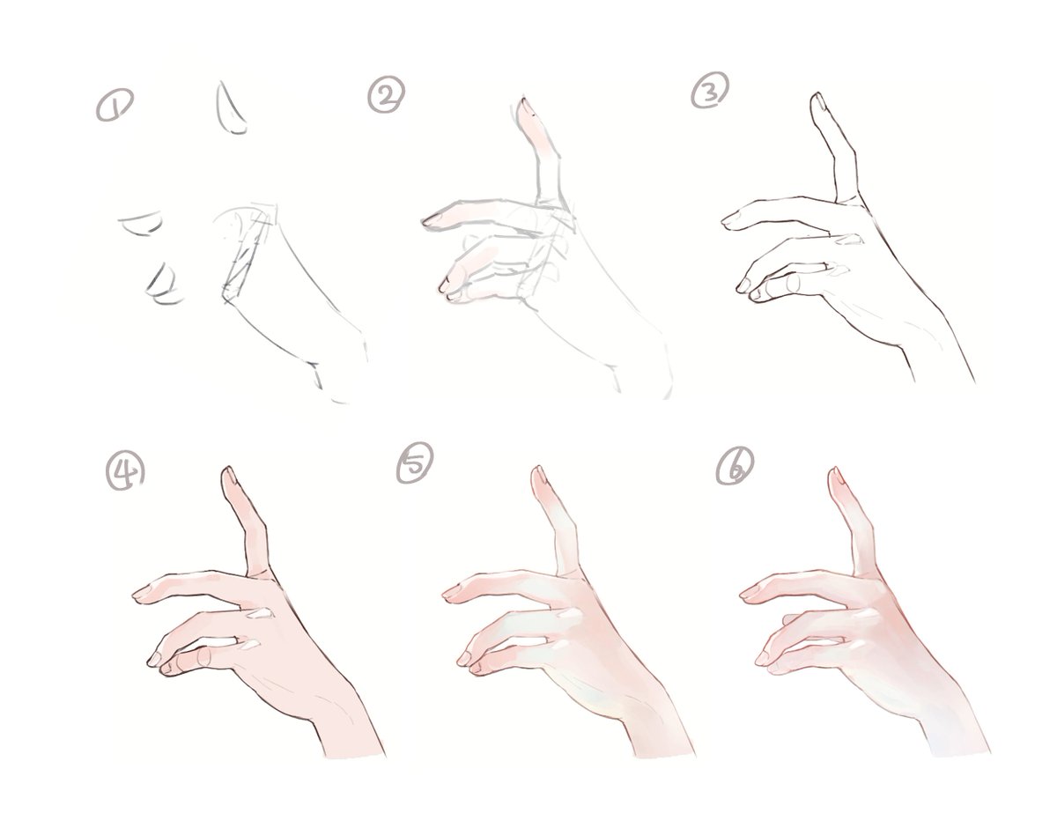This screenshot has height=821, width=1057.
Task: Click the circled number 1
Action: (115, 104)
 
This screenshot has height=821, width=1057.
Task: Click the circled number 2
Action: (386, 95)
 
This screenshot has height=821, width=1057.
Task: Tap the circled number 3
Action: (710, 90)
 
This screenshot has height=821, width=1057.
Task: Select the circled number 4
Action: (125, 472)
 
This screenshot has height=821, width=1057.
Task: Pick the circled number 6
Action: (735, 466)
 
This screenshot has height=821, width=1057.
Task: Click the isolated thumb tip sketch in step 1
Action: (230, 109)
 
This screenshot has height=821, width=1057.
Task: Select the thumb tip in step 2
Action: (525, 107)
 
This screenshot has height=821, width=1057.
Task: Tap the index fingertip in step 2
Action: (430, 221)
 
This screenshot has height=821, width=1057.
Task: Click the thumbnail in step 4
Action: (230, 476)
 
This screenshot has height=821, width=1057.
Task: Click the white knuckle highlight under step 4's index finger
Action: (260, 614)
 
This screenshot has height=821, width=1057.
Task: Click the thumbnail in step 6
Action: (838, 477)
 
